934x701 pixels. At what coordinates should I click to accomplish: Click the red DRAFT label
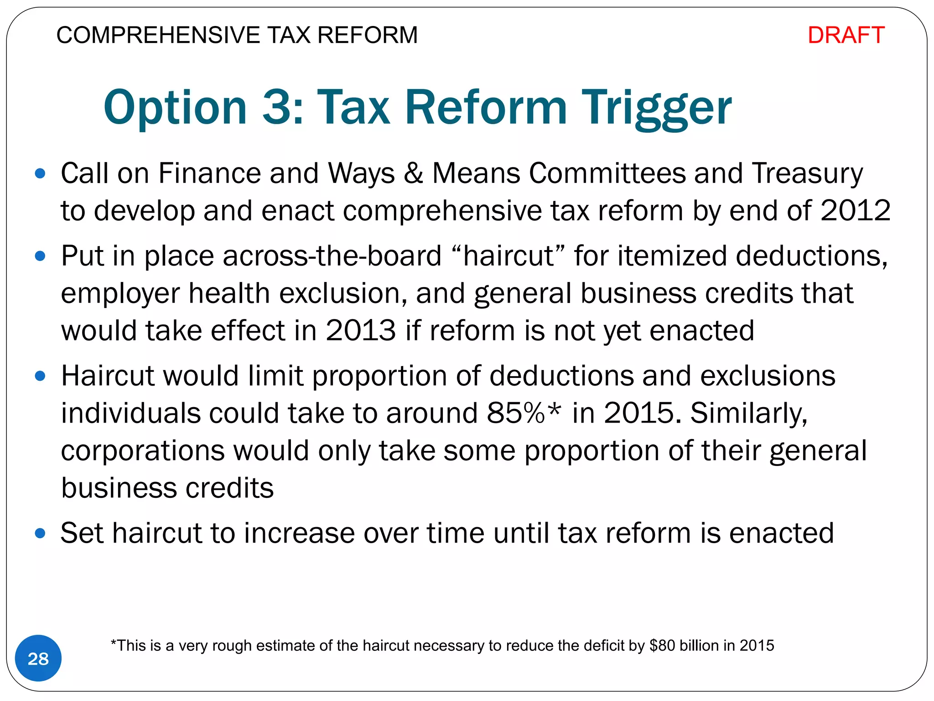[x=846, y=35]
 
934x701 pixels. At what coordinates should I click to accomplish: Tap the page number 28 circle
[x=38, y=659]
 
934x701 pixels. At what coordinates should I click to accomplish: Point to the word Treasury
[x=807, y=174]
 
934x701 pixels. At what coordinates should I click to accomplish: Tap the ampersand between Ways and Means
[x=413, y=174]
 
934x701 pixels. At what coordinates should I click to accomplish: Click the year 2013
[x=361, y=331]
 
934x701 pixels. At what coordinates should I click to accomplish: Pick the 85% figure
[x=516, y=413]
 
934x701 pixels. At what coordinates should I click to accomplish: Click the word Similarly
[x=748, y=413]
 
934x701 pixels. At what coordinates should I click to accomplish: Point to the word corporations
[x=143, y=451]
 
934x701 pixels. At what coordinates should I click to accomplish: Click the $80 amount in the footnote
[x=662, y=646]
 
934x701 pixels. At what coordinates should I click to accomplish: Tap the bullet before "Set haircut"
[x=40, y=533]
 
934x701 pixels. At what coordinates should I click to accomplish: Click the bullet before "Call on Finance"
[x=40, y=173]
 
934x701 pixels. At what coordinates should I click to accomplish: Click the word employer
[x=120, y=293]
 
